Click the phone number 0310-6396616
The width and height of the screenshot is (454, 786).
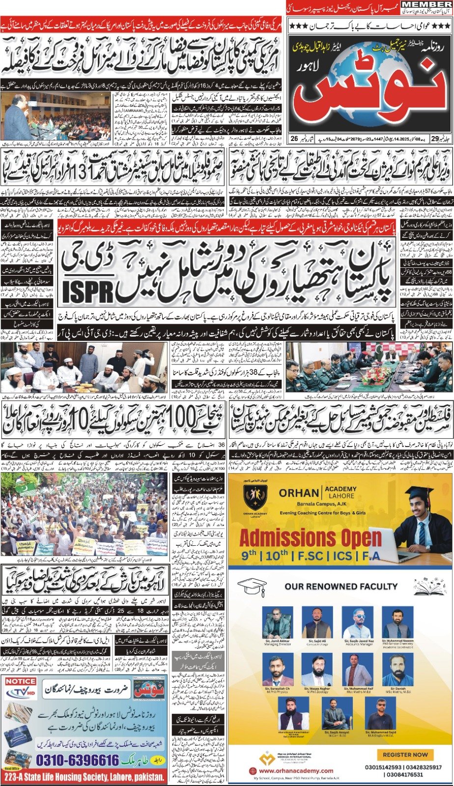click(x=71, y=760)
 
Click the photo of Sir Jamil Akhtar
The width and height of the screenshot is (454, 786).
click(x=278, y=623)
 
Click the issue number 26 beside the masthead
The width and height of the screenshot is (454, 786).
click(x=294, y=140)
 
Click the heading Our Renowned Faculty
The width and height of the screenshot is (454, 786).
click(x=341, y=586)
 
